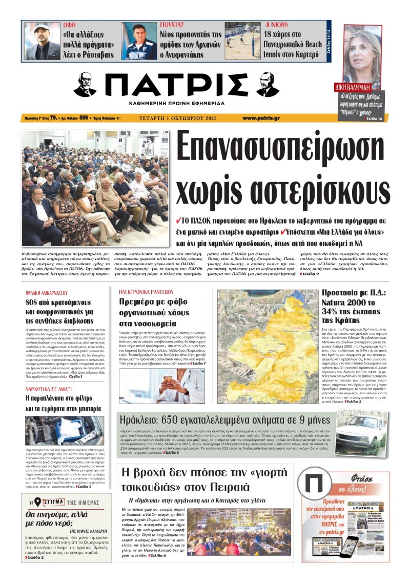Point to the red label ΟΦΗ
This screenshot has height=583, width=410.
[69, 25]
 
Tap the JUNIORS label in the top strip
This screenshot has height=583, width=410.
[276, 25]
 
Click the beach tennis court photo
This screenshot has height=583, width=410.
[242, 41]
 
